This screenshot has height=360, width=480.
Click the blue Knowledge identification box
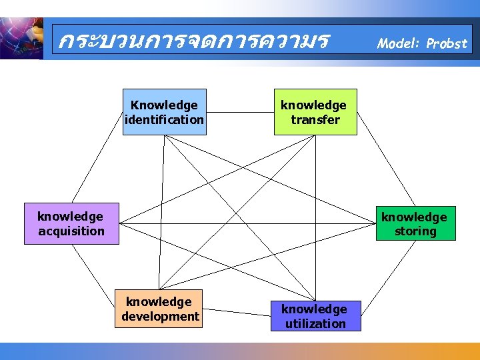(165, 112)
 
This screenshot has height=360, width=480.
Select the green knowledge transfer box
(315, 112)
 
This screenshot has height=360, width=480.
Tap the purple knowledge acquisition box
(71, 223)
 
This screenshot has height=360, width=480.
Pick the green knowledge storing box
(415, 223)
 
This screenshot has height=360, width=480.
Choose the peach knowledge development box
(159, 309)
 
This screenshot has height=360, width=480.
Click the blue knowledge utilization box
(315, 316)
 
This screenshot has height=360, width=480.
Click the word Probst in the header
(447, 44)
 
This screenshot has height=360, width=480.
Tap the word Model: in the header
(399, 44)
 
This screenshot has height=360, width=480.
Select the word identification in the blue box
(165, 120)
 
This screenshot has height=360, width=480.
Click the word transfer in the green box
(315, 120)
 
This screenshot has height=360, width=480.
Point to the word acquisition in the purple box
(71, 231)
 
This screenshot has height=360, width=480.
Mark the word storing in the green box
(415, 231)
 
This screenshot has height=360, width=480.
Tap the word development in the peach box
(160, 316)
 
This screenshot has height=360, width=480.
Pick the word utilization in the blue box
(315, 323)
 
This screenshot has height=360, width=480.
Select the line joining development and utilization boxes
(235, 312)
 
